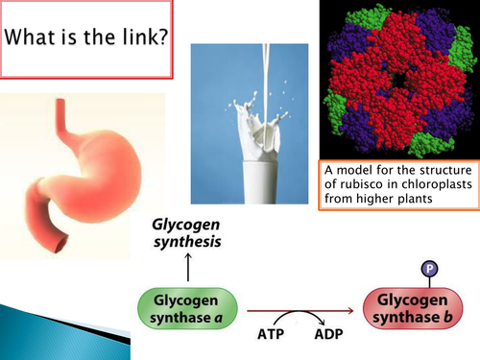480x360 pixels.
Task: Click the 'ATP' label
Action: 273,337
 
